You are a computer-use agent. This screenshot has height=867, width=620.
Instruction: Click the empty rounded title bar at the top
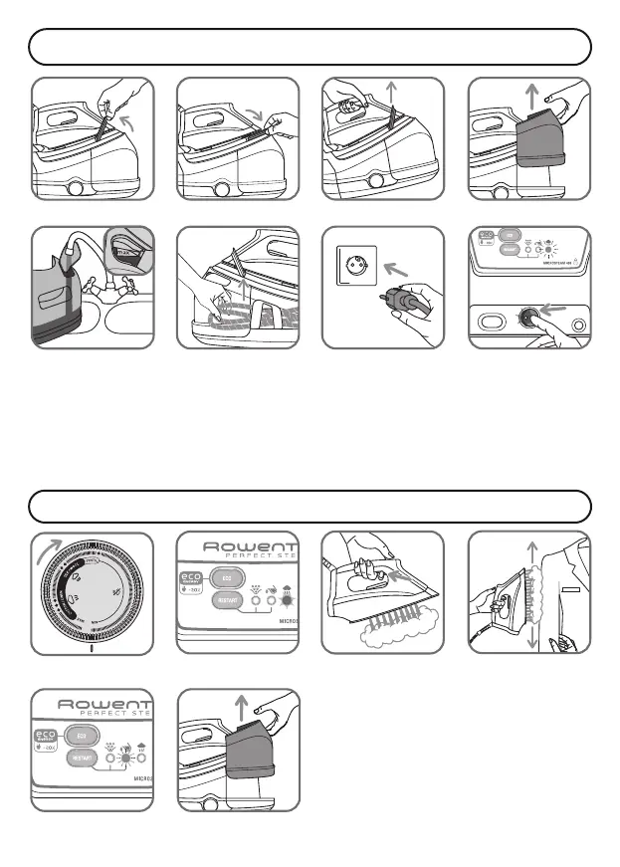click(x=310, y=47)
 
